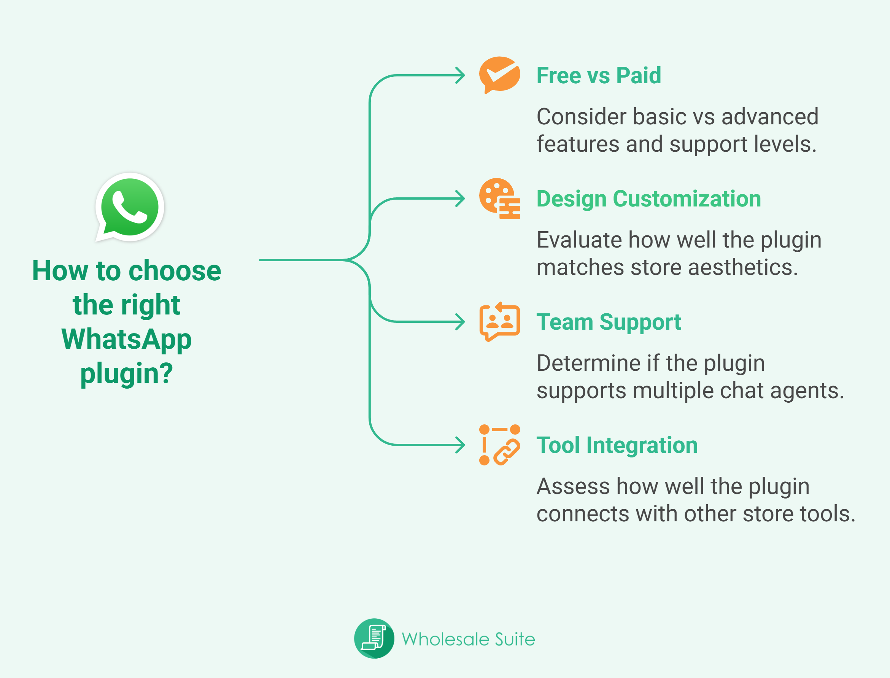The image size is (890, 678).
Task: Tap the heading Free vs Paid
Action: tap(599, 75)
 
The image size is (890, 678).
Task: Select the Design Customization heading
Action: tap(648, 199)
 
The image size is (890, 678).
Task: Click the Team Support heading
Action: tap(609, 322)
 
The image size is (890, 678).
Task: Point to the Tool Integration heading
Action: tap(617, 445)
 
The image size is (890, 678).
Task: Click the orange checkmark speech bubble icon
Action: tap(500, 75)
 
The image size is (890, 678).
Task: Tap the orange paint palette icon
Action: tap(500, 198)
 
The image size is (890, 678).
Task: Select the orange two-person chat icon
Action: tap(500, 322)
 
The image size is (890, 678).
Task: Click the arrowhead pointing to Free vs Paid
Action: tap(461, 75)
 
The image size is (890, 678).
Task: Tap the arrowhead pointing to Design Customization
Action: tap(461, 198)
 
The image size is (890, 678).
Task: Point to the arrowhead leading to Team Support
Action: tap(461, 322)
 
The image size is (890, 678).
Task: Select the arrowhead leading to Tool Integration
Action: tap(461, 445)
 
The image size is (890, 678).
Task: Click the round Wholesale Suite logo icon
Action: tap(374, 638)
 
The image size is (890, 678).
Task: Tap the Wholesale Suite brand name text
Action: tap(468, 639)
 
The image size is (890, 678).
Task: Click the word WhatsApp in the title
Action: tap(127, 339)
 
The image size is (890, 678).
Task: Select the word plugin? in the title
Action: tap(127, 373)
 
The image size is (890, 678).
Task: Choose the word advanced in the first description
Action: tap(770, 117)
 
